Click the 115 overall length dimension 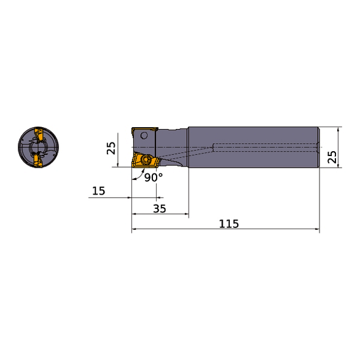pos(229,224)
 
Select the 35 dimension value pos(160,208)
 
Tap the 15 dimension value pos(98,191)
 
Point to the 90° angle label pos(154,178)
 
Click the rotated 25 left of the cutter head pos(111,147)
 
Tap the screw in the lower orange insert pos(147,160)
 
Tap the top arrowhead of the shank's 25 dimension pos(338,129)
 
